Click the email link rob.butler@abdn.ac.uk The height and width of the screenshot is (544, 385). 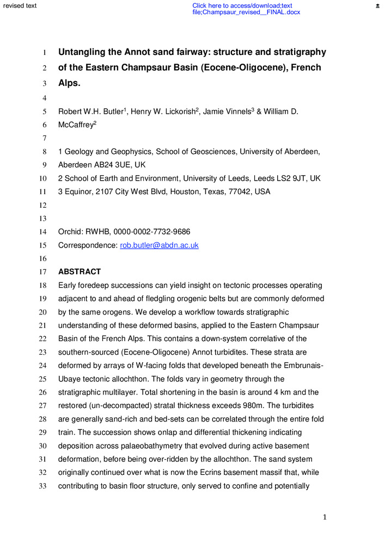pos(159,245)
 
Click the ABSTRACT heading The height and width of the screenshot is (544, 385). pos(80,272)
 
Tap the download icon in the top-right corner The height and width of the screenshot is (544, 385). pos(377,5)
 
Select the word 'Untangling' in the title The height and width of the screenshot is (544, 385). pos(85,52)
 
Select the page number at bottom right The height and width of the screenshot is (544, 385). pos(325,517)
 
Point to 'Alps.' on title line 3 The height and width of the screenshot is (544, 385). pos(69,83)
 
